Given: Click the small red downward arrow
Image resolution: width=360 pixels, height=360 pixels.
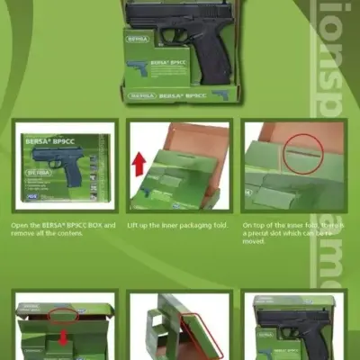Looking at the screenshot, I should [61, 338].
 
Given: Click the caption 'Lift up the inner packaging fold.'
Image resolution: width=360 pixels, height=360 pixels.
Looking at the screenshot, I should [178, 224].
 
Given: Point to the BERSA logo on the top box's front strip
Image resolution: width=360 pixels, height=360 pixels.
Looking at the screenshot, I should [140, 94].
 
